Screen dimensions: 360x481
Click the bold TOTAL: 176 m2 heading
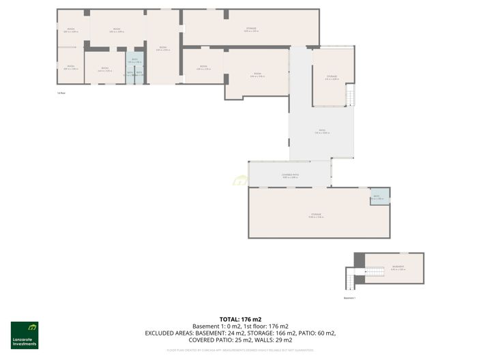click(x=240, y=319)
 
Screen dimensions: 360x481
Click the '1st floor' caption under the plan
click(x=61, y=93)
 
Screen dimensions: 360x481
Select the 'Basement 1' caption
click(x=349, y=298)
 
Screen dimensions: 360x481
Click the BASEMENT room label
click(x=398, y=267)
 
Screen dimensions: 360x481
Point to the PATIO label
click(x=321, y=132)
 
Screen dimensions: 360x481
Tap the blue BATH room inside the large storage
click(x=379, y=196)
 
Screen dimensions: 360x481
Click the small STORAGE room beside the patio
click(x=332, y=77)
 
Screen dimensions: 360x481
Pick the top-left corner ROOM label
click(x=70, y=30)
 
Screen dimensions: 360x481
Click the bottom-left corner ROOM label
click(x=70, y=67)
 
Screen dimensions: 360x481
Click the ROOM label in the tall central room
click(x=162, y=48)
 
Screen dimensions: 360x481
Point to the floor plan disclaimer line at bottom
click(x=240, y=350)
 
